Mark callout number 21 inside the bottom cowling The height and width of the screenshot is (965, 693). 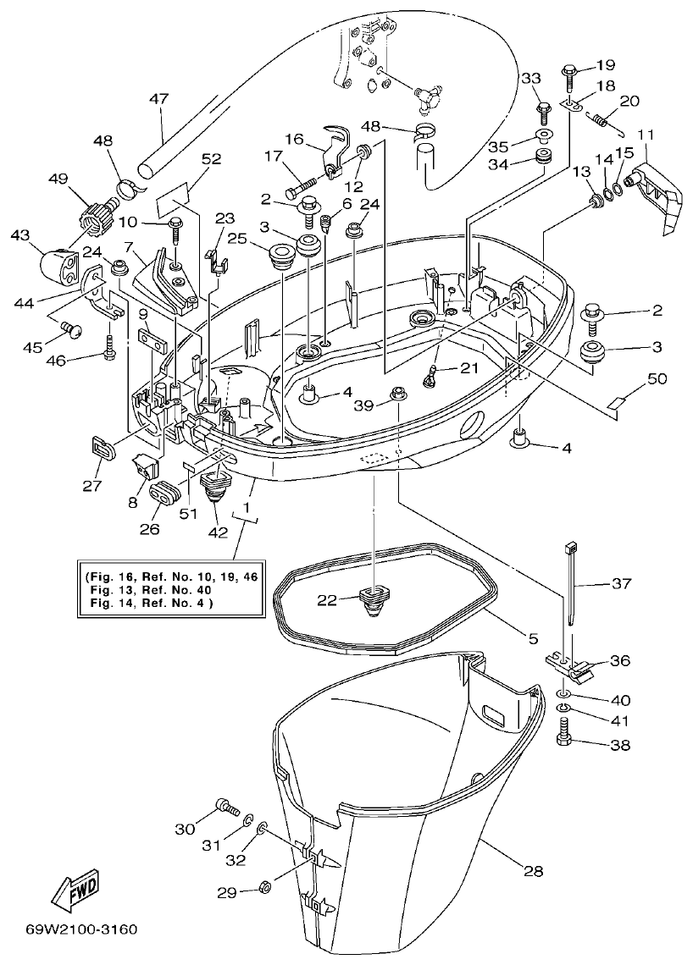(468, 367)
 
